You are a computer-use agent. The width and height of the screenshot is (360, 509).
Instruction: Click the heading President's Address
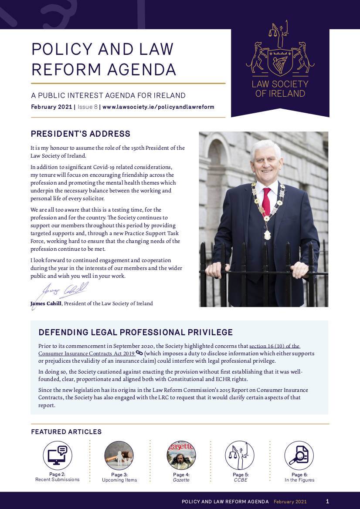tap(80, 134)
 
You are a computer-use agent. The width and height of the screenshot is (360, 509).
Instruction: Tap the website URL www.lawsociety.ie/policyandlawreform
tap(158, 107)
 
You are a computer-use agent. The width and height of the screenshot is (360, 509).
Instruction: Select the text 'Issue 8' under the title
tap(88, 107)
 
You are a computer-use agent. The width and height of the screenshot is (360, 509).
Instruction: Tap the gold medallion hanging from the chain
tap(267, 235)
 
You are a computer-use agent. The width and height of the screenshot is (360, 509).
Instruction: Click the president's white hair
tap(265, 147)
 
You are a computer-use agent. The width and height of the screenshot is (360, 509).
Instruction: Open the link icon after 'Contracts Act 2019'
tap(139, 353)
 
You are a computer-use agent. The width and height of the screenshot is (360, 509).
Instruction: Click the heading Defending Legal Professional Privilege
tap(136, 333)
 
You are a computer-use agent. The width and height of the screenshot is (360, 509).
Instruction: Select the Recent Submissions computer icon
tap(58, 455)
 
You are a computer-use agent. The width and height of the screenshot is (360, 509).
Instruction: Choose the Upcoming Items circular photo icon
tap(119, 455)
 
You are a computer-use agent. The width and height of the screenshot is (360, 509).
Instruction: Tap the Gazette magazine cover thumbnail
tap(181, 455)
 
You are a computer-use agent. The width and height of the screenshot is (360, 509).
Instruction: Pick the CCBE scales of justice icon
tap(239, 455)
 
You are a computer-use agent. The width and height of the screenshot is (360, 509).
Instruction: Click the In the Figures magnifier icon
tap(299, 455)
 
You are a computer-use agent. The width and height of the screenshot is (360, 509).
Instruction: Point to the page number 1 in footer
tap(328, 501)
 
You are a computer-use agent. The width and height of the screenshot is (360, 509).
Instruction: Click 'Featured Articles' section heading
tap(66, 432)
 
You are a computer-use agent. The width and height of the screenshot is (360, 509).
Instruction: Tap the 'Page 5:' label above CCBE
tap(241, 475)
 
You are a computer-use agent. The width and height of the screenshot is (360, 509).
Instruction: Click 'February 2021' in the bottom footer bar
tap(290, 502)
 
